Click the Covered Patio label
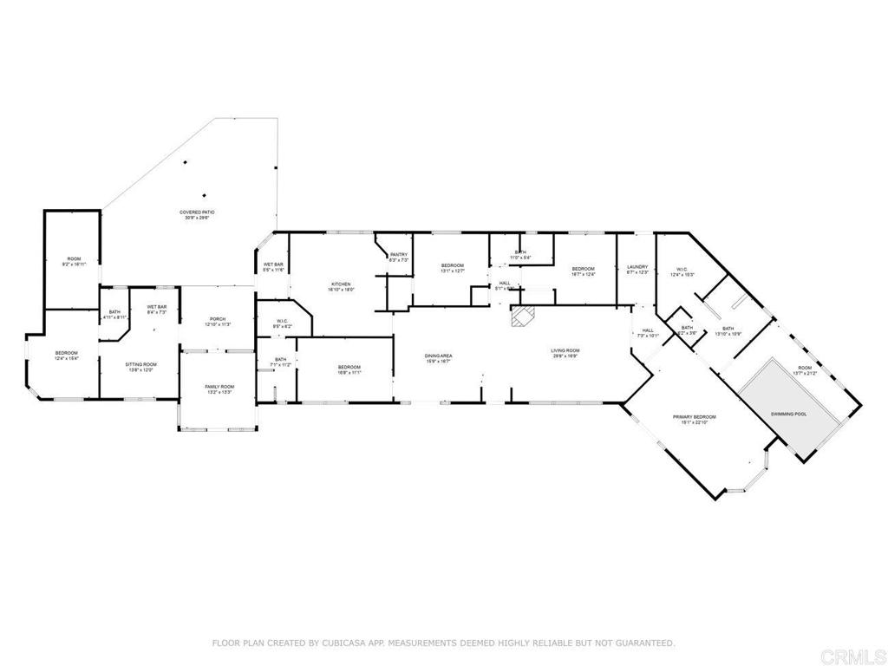point(197,212)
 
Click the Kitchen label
point(340,284)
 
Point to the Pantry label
point(399,255)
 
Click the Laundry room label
point(637,268)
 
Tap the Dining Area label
point(439,356)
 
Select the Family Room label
point(219,387)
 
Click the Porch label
point(217,318)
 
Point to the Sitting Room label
point(140,364)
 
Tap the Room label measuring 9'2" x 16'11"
point(74,260)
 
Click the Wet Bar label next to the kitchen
point(273,264)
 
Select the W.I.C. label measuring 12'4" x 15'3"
point(681,269)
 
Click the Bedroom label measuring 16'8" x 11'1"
point(349,368)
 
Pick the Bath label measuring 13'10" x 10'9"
point(727,329)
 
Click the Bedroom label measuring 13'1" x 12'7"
point(453,265)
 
